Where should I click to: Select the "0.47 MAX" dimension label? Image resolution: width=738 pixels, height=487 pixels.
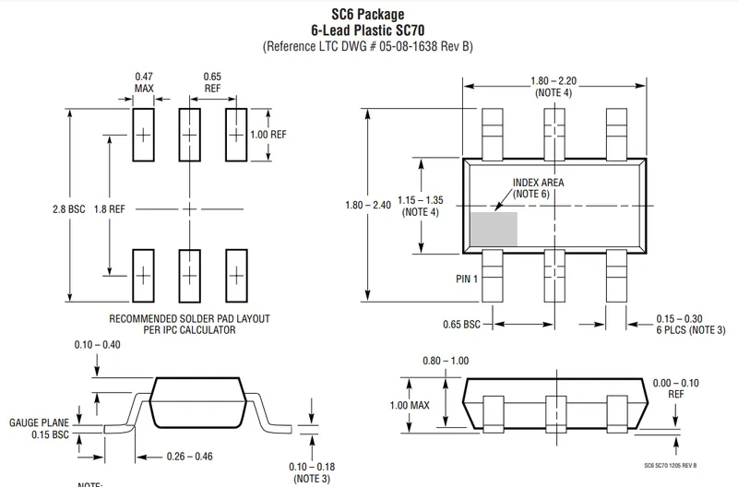tap(144, 82)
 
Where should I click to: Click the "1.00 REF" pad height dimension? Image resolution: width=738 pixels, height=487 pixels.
tap(268, 134)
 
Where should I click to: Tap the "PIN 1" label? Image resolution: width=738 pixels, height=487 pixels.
tap(466, 279)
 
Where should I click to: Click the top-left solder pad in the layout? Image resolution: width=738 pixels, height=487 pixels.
tap(143, 135)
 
